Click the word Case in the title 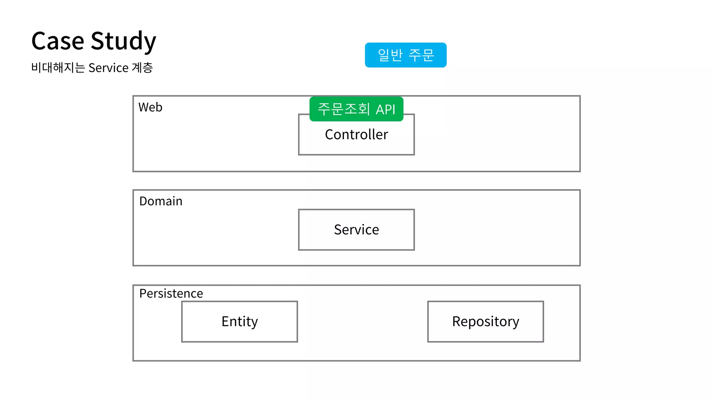coord(58,41)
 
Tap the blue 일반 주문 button coord(406,55)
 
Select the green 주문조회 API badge coord(356,109)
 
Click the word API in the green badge coord(385,110)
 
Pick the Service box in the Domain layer coord(356,229)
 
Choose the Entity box coord(240,321)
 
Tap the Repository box coord(485,321)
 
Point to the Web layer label coord(150,107)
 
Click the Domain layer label coord(160,201)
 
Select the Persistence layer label coord(171,293)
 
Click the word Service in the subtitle coord(108,68)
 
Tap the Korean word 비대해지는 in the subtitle coord(58,68)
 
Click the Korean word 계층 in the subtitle coord(142,68)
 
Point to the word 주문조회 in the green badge coord(344,109)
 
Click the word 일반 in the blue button coord(390,55)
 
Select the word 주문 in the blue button coord(421,55)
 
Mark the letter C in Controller coord(329,134)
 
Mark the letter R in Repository coord(456,321)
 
